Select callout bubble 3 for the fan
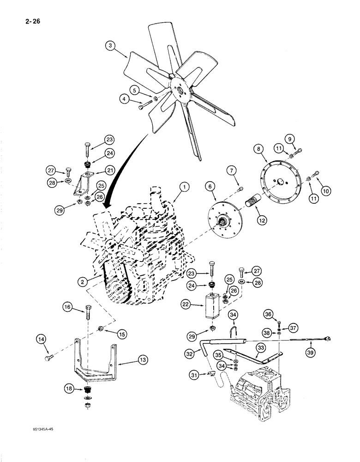click(109, 45)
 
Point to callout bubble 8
click(258, 148)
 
